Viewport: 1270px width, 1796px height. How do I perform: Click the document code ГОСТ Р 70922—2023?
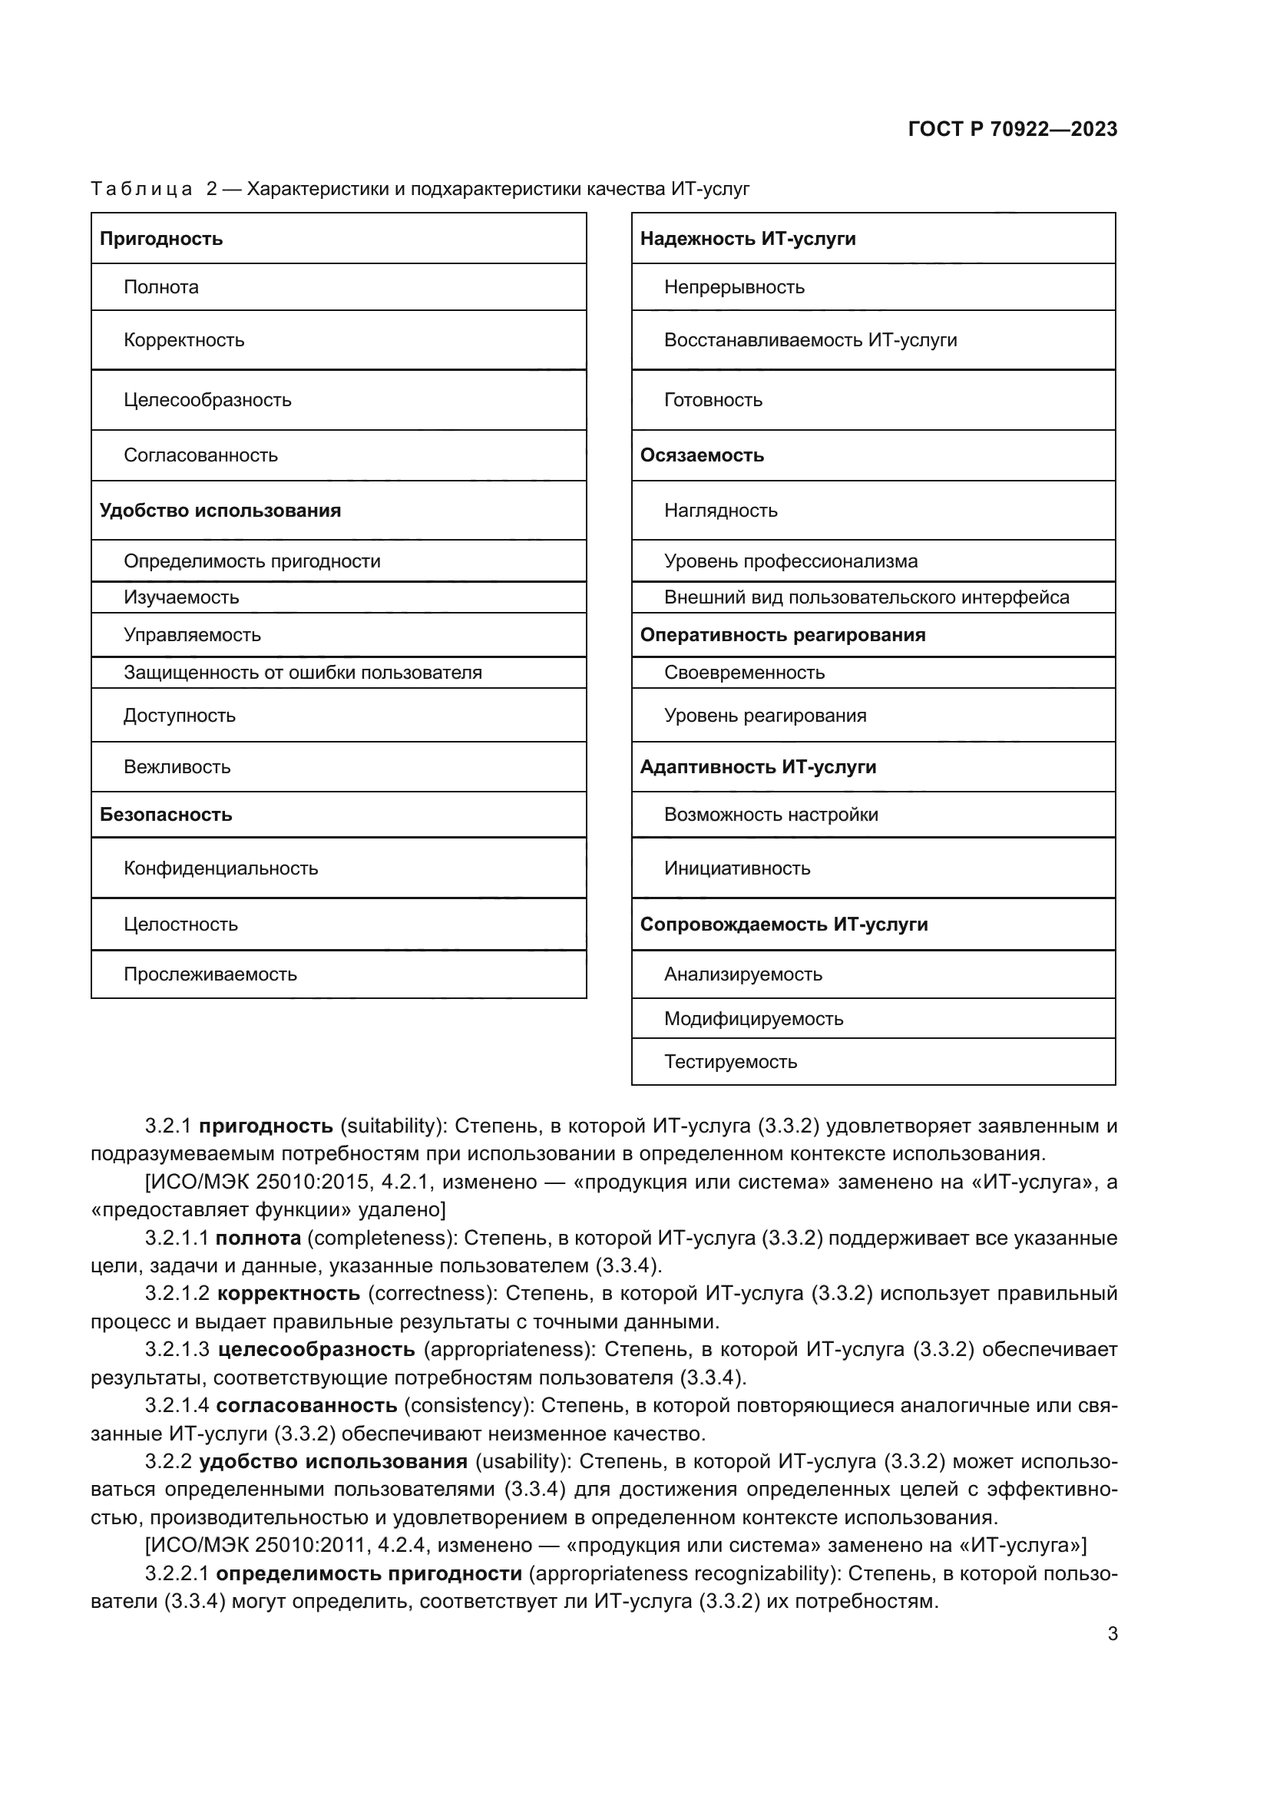click(1012, 129)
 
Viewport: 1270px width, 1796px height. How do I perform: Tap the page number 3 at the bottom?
click(1112, 1633)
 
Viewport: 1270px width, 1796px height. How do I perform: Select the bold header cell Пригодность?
click(161, 239)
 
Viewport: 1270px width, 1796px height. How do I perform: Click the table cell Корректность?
click(184, 340)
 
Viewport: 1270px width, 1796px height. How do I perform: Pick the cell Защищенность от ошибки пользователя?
click(303, 673)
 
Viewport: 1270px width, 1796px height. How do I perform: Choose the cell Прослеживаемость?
click(210, 974)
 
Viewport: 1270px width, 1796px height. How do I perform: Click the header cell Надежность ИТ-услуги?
click(748, 239)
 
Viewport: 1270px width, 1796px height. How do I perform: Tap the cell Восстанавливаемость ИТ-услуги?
click(810, 340)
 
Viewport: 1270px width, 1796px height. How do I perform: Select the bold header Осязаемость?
click(702, 455)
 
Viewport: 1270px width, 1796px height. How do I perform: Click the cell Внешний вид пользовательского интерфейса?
click(866, 597)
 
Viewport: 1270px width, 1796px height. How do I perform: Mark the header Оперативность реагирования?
click(782, 634)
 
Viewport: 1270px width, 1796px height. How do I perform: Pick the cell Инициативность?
click(736, 868)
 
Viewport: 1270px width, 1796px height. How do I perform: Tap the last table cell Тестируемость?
click(730, 1061)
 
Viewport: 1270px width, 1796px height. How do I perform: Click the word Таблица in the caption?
click(141, 190)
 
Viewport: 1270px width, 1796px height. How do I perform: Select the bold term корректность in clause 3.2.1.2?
click(288, 1293)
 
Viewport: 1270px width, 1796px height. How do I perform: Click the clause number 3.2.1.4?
click(177, 1405)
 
